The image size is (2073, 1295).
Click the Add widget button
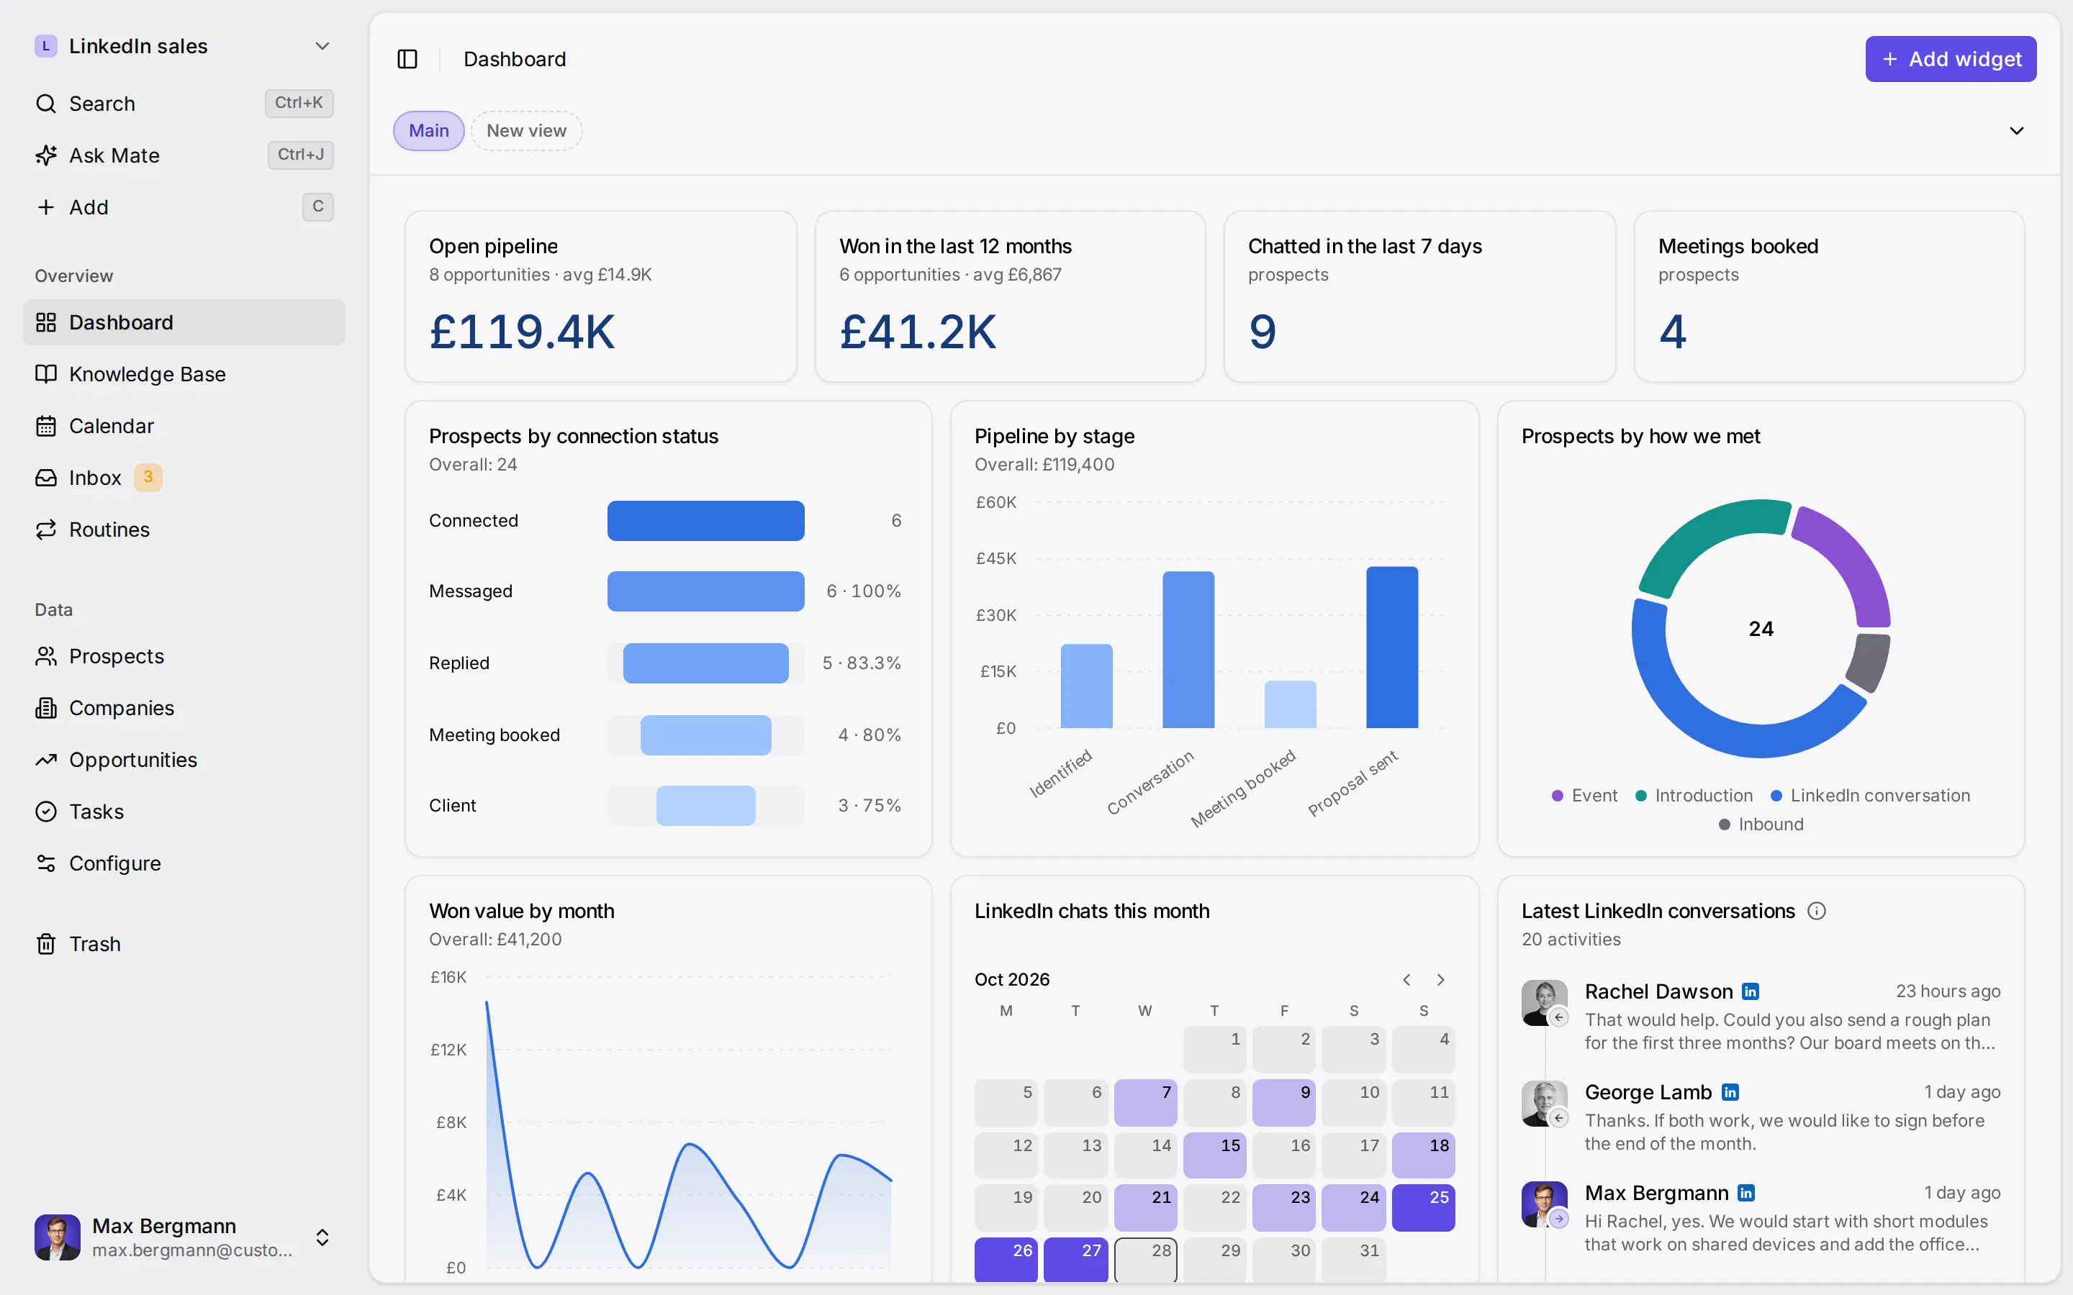click(1951, 59)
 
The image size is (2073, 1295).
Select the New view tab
click(526, 131)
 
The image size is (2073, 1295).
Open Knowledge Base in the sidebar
click(147, 374)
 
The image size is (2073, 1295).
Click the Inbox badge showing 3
click(148, 477)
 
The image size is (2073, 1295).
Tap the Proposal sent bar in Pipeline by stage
click(1392, 647)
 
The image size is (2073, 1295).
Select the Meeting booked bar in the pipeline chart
click(1290, 705)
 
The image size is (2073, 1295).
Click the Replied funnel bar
click(706, 663)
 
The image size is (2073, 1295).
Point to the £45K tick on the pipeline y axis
click(996, 558)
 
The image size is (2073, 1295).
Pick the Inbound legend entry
click(1761, 824)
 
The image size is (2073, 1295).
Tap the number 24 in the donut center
click(1761, 629)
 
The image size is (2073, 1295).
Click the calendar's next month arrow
click(1441, 980)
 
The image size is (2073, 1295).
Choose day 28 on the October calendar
click(1146, 1260)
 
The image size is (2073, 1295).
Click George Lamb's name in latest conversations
click(1648, 1092)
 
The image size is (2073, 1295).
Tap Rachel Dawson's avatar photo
click(1544, 1002)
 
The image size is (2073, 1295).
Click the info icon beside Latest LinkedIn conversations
click(1817, 912)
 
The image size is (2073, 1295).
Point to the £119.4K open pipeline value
click(522, 332)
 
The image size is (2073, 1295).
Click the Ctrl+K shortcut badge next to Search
click(299, 103)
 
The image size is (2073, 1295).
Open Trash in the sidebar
click(94, 944)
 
